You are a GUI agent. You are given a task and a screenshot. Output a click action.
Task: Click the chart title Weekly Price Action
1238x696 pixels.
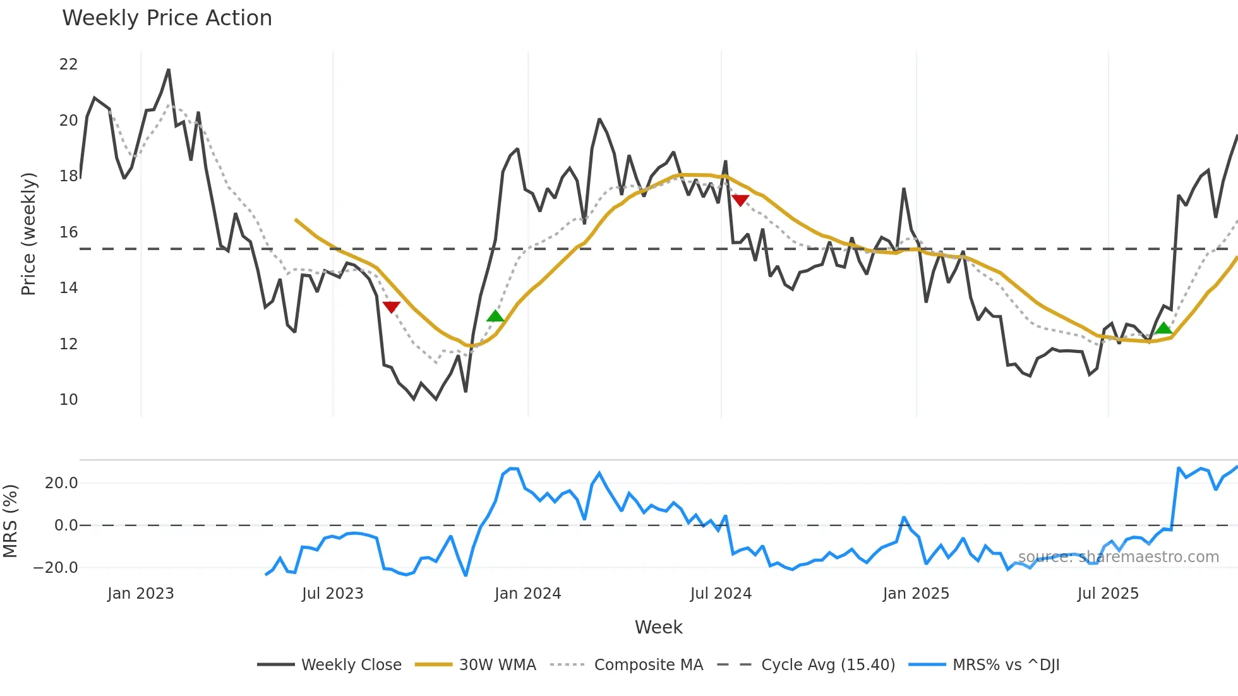coord(167,18)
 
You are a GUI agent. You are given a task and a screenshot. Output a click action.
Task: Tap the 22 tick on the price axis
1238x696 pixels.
coord(68,64)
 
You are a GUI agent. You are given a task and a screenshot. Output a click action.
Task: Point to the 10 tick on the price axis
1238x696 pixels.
coord(68,400)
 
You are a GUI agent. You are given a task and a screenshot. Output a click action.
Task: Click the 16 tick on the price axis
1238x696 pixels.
coord(68,232)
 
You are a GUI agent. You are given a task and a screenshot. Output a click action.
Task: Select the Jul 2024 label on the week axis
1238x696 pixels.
coord(721,594)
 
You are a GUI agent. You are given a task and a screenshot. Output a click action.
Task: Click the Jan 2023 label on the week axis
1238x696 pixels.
coord(140,594)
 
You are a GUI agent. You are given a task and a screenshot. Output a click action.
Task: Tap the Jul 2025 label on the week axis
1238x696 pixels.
coord(1108,594)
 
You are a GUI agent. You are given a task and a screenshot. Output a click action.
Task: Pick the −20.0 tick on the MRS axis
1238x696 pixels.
coord(56,568)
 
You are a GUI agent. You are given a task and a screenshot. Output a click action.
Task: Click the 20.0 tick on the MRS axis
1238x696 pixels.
coord(61,483)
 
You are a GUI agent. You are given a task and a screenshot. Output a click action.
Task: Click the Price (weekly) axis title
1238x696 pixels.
coord(29,234)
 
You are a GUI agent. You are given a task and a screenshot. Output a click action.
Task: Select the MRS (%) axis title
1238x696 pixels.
coord(11,521)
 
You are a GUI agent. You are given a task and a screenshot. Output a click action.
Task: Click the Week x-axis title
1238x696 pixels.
coord(658,627)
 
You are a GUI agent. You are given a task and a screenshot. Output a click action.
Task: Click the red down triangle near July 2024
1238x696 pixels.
coord(740,200)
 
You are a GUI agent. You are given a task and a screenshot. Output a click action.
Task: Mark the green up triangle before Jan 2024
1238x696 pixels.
coord(495,316)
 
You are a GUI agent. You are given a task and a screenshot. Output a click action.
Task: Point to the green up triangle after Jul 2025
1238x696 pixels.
coord(1163,328)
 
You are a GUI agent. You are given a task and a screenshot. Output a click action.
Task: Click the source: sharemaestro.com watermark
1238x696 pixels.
coord(1118,557)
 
